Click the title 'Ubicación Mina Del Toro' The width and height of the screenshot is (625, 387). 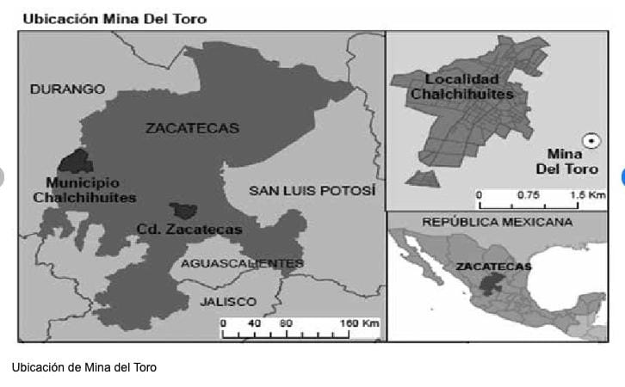pyautogui.click(x=114, y=18)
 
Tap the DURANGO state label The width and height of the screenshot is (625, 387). pyautogui.click(x=67, y=89)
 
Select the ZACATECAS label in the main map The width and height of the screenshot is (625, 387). pyautogui.click(x=192, y=128)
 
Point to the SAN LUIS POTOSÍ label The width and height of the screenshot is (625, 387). pyautogui.click(x=312, y=190)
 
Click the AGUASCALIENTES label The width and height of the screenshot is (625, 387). pyautogui.click(x=242, y=263)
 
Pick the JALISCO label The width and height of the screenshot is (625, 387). pyautogui.click(x=228, y=301)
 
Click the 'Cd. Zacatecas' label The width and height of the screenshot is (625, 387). pyautogui.click(x=189, y=230)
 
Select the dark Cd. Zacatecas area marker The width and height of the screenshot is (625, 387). pyautogui.click(x=182, y=210)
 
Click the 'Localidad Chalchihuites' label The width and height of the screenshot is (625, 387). pyautogui.click(x=461, y=87)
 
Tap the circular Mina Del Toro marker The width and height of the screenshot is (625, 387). pyautogui.click(x=591, y=140)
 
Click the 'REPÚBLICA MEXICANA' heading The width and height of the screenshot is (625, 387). pyautogui.click(x=497, y=222)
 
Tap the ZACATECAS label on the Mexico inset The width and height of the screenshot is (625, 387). pyautogui.click(x=493, y=266)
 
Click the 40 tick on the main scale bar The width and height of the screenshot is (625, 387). pyautogui.click(x=255, y=324)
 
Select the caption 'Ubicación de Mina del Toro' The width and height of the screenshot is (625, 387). pyautogui.click(x=84, y=367)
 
